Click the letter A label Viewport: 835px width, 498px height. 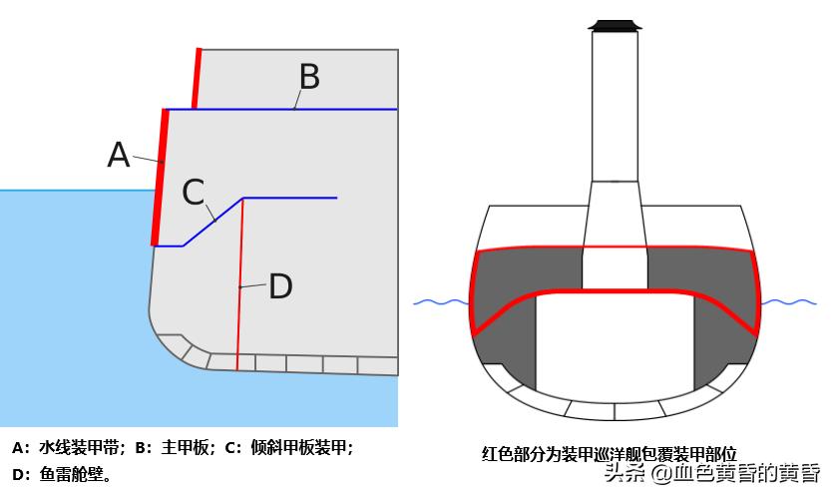pyautogui.click(x=119, y=156)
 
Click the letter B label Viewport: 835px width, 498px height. pyautogui.click(x=309, y=77)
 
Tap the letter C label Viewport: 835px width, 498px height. pyautogui.click(x=193, y=192)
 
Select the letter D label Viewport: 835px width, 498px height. pyautogui.click(x=280, y=287)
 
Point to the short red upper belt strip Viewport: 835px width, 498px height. pyautogui.click(x=197, y=78)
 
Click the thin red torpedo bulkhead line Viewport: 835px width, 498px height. pyautogui.click(x=239, y=299)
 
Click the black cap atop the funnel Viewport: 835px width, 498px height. pyautogui.click(x=615, y=24)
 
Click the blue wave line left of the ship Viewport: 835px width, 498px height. pyautogui.click(x=440, y=301)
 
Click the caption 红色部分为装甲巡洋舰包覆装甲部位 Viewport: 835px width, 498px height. pyautogui.click(x=609, y=454)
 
